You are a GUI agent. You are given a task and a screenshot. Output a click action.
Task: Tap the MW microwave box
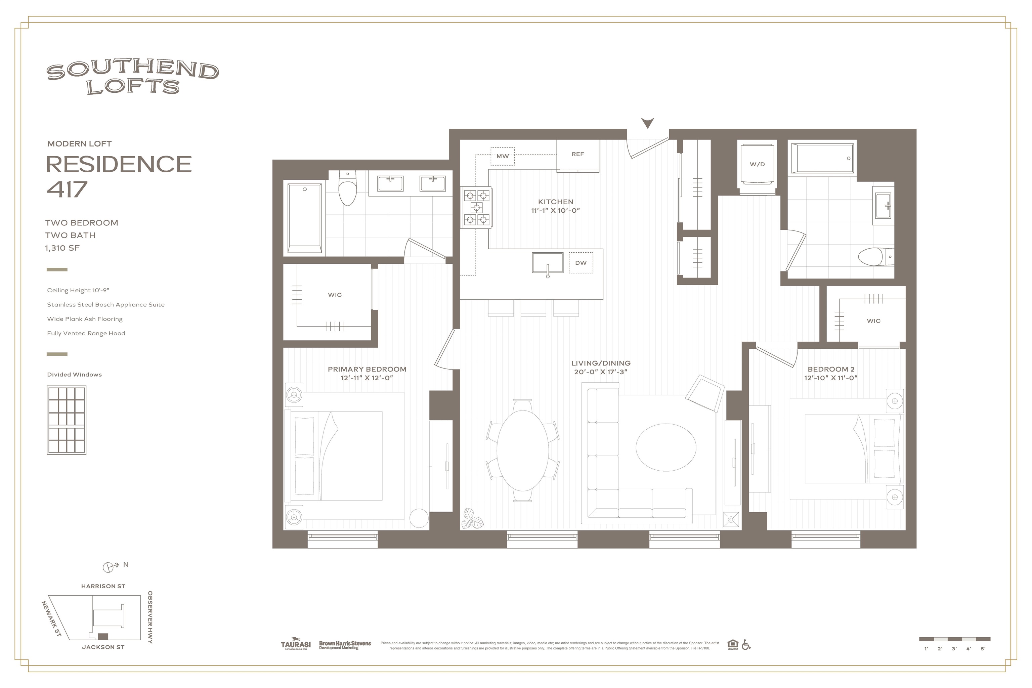[503, 156]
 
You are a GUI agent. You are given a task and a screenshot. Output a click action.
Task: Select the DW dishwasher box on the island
[580, 263]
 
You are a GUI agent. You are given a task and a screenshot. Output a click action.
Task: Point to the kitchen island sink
[547, 262]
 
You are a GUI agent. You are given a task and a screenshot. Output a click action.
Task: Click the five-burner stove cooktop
[476, 207]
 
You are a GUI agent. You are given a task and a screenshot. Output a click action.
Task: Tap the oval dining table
[523, 450]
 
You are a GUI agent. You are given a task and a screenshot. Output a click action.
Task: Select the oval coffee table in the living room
[665, 447]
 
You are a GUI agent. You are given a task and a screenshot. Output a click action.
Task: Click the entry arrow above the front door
[647, 123]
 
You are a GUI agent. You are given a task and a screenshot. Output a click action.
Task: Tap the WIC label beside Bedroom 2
[873, 321]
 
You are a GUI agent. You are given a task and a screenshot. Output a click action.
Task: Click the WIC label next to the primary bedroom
[335, 295]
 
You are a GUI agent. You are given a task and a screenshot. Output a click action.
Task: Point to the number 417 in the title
[67, 189]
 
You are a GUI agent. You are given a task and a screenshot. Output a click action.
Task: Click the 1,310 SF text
[62, 248]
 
